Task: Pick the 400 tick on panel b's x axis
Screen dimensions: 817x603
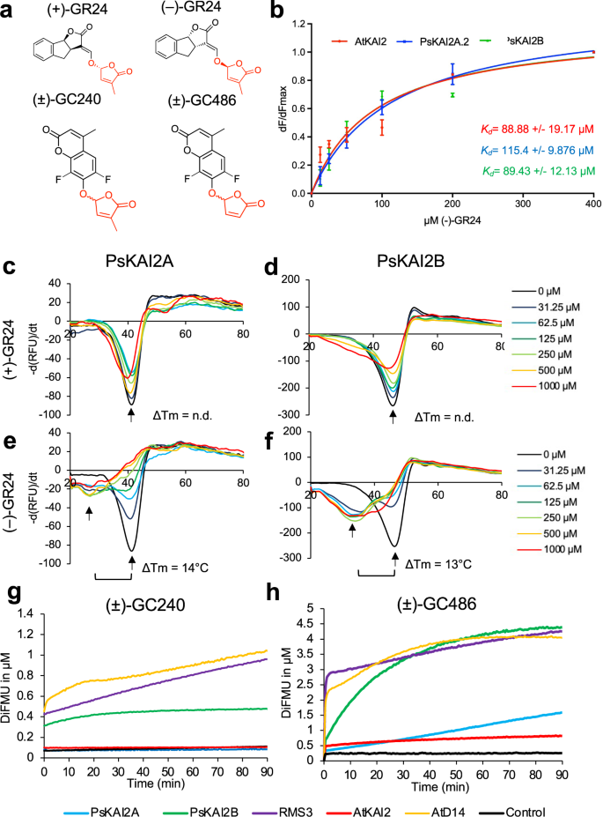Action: [592, 204]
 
